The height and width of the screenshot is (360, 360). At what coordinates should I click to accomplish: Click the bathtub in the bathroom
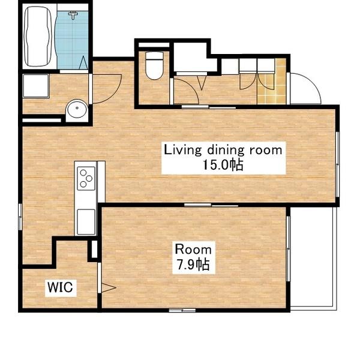point(38,37)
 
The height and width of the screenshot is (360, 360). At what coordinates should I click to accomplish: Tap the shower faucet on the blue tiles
point(73,15)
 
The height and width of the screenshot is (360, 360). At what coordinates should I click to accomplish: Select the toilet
point(155,65)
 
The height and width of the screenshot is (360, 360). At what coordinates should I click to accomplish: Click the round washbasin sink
point(77,109)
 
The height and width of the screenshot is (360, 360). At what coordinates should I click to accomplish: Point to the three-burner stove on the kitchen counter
point(86,178)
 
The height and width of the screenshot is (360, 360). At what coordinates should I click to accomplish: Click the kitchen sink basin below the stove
point(86,222)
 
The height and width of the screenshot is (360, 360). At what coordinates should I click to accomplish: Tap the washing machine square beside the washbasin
point(36,86)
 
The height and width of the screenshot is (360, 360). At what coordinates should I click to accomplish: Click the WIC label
point(60,287)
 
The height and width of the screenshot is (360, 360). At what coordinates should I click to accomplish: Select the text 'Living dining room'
point(223,150)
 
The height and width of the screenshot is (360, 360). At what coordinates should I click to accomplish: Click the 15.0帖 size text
point(223,164)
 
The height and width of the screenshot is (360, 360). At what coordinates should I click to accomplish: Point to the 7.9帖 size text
point(193,265)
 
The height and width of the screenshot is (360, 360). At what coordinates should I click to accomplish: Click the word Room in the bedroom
point(193,250)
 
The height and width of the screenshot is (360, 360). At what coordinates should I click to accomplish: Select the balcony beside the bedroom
point(313,259)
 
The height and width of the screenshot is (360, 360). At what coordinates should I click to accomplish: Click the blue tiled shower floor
point(72,40)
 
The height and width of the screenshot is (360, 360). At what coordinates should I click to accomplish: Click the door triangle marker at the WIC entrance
point(109,287)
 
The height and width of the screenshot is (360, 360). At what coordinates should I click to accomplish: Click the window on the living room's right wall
point(337,164)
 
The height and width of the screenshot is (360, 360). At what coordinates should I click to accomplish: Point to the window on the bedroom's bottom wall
point(182,310)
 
